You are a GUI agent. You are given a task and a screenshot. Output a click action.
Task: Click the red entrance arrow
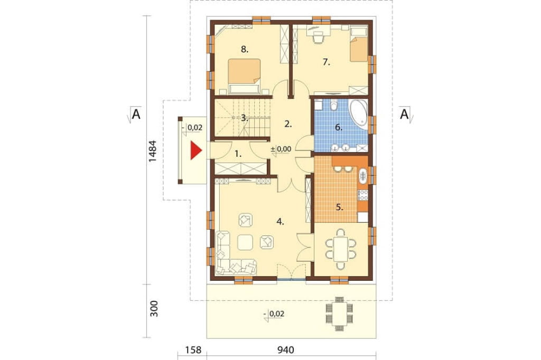(195, 151)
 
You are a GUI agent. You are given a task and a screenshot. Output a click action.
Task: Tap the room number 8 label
(245, 49)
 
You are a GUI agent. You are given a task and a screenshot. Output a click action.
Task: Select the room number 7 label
(327, 62)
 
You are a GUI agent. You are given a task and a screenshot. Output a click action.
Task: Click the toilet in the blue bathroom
(333, 105)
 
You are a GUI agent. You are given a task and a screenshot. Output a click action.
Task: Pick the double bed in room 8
(244, 76)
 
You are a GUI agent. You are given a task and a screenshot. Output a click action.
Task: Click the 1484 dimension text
(153, 151)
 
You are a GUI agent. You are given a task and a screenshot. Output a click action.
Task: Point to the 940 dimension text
(286, 350)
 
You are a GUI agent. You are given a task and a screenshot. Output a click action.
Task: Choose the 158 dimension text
(193, 350)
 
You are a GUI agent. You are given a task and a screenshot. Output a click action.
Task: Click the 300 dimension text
(154, 309)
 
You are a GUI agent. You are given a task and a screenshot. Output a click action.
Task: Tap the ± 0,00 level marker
(281, 149)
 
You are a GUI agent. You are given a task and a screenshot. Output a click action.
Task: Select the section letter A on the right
(404, 113)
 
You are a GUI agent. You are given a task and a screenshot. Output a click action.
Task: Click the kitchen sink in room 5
(363, 176)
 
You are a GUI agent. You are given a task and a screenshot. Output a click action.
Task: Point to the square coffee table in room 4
(245, 242)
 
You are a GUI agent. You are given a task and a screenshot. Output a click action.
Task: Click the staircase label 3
(244, 118)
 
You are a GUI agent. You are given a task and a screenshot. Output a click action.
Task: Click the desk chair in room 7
(318, 37)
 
